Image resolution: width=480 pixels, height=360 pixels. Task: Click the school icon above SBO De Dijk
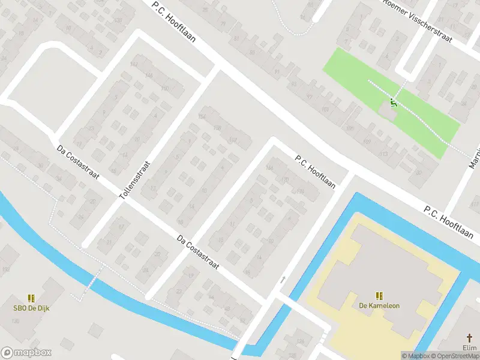[31, 298]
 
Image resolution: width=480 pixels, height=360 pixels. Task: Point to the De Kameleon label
[379, 305]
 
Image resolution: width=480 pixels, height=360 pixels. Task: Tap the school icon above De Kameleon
[379, 295]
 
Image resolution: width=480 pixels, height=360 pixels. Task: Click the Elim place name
[470, 347]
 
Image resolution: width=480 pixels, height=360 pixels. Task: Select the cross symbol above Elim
[470, 338]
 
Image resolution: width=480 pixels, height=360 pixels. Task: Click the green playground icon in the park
[394, 102]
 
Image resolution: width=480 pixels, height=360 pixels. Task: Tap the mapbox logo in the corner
[26, 353]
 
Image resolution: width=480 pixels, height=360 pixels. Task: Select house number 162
[232, 141]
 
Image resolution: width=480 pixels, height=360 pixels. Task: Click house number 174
[300, 192]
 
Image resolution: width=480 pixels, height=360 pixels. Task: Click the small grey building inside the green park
[388, 111]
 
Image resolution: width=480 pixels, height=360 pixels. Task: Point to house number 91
[277, 71]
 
